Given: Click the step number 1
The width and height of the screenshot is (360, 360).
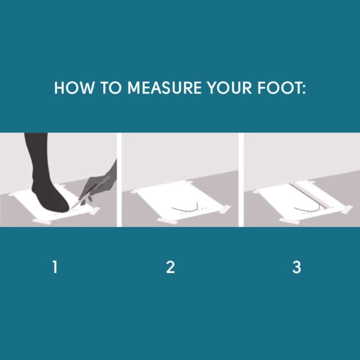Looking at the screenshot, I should coord(55,268).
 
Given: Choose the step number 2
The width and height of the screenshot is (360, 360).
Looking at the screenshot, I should coord(170,268).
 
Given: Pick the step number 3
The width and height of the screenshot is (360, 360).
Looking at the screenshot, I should coord(296,268).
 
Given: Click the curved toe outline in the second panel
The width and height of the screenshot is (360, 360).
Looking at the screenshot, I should coord(186,208).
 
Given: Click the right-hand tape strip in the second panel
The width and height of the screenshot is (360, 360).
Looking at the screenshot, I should coord(224,209).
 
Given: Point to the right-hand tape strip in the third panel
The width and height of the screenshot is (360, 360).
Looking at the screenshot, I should coord(346,209).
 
